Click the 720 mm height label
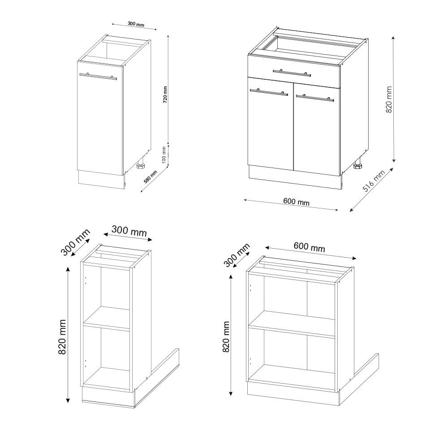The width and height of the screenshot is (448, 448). [164, 95]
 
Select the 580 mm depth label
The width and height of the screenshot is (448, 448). [151, 178]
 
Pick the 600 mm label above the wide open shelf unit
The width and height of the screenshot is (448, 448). [309, 247]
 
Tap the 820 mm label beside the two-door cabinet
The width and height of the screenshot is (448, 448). [388, 99]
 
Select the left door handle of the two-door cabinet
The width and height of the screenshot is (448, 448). [269, 92]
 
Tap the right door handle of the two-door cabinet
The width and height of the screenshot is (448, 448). [315, 97]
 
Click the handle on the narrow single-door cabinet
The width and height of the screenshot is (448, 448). [98, 76]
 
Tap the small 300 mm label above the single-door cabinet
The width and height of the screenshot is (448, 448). [135, 24]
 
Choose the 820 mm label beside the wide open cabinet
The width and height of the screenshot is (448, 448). [226, 336]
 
